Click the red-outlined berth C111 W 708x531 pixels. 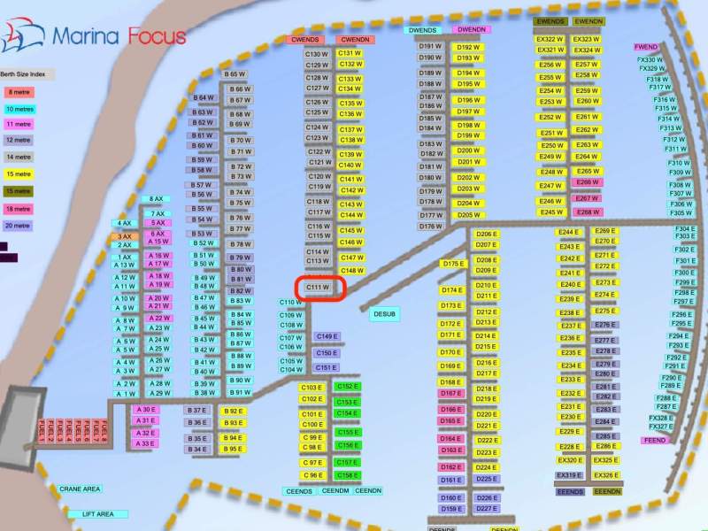pos(319,288)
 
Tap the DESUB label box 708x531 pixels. pos(384,313)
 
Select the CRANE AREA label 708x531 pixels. pos(80,489)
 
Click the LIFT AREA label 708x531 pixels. pos(97,514)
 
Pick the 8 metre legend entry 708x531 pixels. pos(18,91)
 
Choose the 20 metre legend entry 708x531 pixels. pos(18,225)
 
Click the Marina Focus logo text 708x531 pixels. pos(119,36)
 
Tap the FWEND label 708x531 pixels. pos(646,47)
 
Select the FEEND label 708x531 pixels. pos(655,440)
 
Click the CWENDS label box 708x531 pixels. pos(305,40)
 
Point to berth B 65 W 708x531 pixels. pos(235,74)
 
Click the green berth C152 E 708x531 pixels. pos(347,387)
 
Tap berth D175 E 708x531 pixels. pos(452,264)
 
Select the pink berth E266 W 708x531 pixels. pos(588,182)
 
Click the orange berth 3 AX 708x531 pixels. pos(124,236)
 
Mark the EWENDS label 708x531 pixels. pos(550,21)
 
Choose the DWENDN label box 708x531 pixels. pos(472,30)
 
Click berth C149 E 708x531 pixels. pos(327,337)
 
